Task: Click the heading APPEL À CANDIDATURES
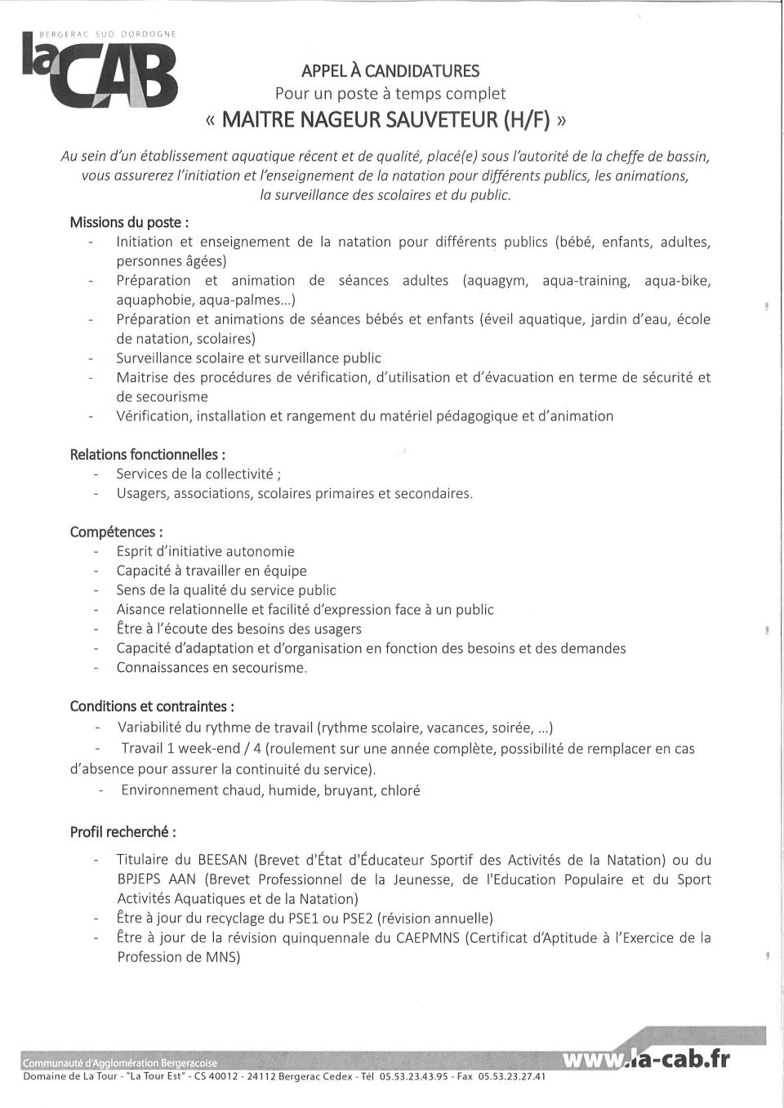390,72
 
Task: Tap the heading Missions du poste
130,222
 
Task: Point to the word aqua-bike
677,281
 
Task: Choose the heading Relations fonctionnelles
148,454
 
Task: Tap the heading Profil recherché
122,832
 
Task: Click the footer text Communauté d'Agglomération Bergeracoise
120,1063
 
